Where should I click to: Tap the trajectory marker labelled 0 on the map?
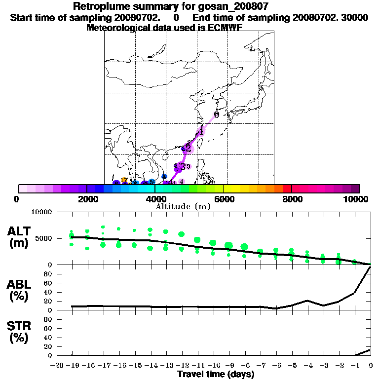(x=216, y=115)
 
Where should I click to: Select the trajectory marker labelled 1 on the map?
(x=201, y=131)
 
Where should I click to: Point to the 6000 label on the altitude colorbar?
(x=224, y=199)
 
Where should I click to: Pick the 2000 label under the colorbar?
(x=87, y=199)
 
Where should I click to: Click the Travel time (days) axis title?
(x=216, y=375)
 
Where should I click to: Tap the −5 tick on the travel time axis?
(x=292, y=365)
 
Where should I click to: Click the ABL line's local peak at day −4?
(x=307, y=300)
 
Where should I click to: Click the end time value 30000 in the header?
(x=355, y=17)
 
